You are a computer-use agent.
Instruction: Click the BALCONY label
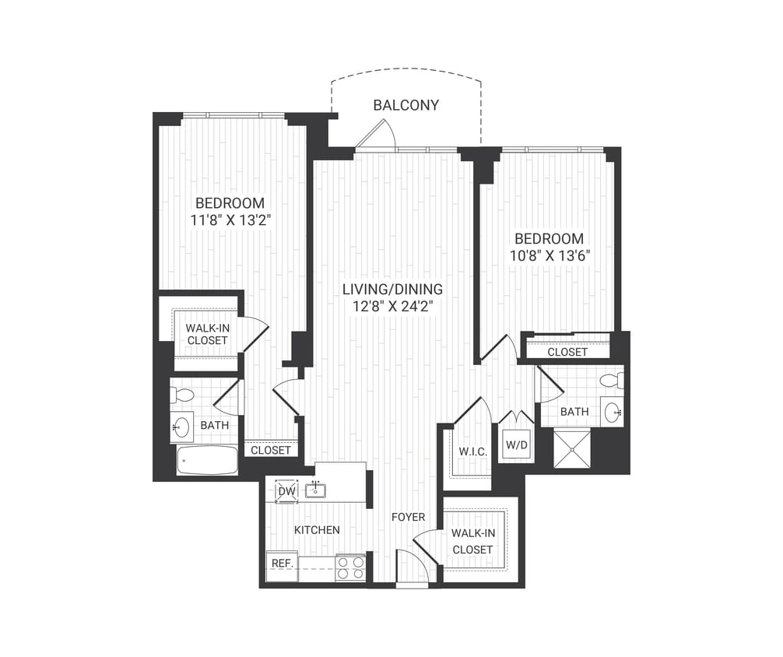click(x=406, y=105)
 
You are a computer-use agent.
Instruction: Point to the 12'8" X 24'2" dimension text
click(x=392, y=306)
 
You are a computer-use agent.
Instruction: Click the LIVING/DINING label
click(x=392, y=290)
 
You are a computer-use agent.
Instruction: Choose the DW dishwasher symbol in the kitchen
click(x=286, y=491)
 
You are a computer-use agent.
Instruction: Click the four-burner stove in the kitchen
click(x=350, y=567)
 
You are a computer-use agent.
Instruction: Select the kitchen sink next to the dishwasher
click(x=315, y=490)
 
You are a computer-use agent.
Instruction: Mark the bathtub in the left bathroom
click(x=207, y=460)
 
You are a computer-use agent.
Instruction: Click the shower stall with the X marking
click(x=574, y=448)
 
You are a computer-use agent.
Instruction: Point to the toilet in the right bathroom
click(x=612, y=381)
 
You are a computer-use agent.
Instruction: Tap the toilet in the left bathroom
click(x=182, y=395)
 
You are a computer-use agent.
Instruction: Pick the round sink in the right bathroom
click(x=613, y=411)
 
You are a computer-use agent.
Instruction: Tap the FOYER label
click(x=408, y=517)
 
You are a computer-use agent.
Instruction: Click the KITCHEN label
click(x=317, y=530)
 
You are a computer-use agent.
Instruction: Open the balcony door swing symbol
click(x=369, y=138)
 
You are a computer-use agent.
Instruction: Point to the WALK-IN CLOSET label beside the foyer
click(x=472, y=542)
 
